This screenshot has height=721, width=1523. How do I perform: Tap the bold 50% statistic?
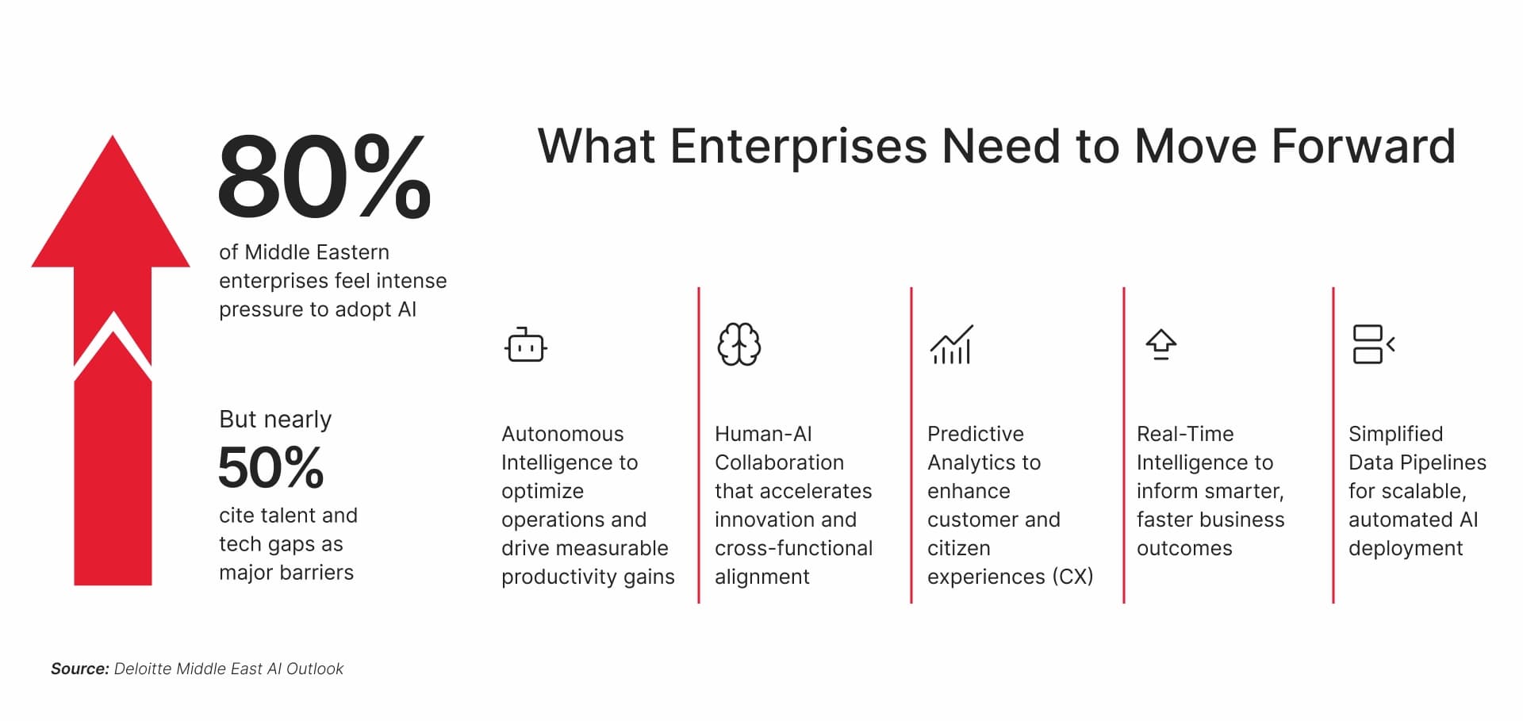[270, 467]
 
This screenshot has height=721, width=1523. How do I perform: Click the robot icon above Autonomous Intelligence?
[525, 345]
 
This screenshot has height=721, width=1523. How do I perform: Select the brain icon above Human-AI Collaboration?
[738, 344]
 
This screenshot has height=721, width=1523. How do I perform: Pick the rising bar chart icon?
[951, 345]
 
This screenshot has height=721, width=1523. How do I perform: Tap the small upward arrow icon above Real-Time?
[1160, 344]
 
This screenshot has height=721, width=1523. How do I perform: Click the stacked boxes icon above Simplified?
[1373, 344]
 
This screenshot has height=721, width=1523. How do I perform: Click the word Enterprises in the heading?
[798, 147]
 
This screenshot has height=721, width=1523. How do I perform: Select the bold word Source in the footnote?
[79, 669]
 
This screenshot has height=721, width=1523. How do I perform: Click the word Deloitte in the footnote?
[143, 669]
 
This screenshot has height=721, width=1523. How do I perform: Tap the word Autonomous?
[562, 434]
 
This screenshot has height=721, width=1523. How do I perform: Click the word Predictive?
[975, 434]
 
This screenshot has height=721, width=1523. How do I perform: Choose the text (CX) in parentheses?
[1072, 577]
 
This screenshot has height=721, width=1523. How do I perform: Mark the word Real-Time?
[1184, 434]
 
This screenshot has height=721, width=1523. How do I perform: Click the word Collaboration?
[779, 462]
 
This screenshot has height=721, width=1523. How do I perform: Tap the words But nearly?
[275, 419]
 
